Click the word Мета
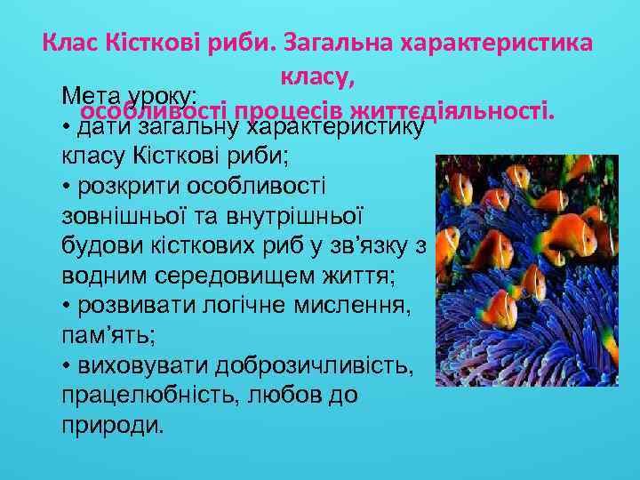pos(91,95)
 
